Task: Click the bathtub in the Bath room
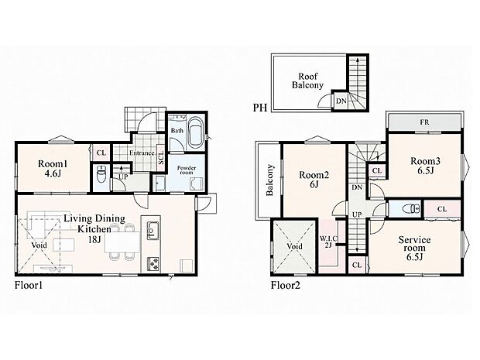tap(194, 132)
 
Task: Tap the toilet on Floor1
tap(101, 176)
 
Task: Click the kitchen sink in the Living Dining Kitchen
tap(153, 230)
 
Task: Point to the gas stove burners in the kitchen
tap(153, 263)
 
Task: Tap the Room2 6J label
tap(314, 180)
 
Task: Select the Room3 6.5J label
tap(425, 166)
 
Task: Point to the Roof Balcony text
tap(307, 81)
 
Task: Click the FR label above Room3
tap(424, 122)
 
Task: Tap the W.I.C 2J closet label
tap(328, 242)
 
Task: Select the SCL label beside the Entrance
tap(161, 157)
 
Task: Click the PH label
tap(260, 108)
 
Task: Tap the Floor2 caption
tap(286, 286)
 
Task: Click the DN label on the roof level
tap(341, 101)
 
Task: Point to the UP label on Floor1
tap(123, 177)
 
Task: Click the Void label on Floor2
tap(294, 246)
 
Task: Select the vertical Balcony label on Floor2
tap(269, 180)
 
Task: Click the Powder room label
tap(187, 170)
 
